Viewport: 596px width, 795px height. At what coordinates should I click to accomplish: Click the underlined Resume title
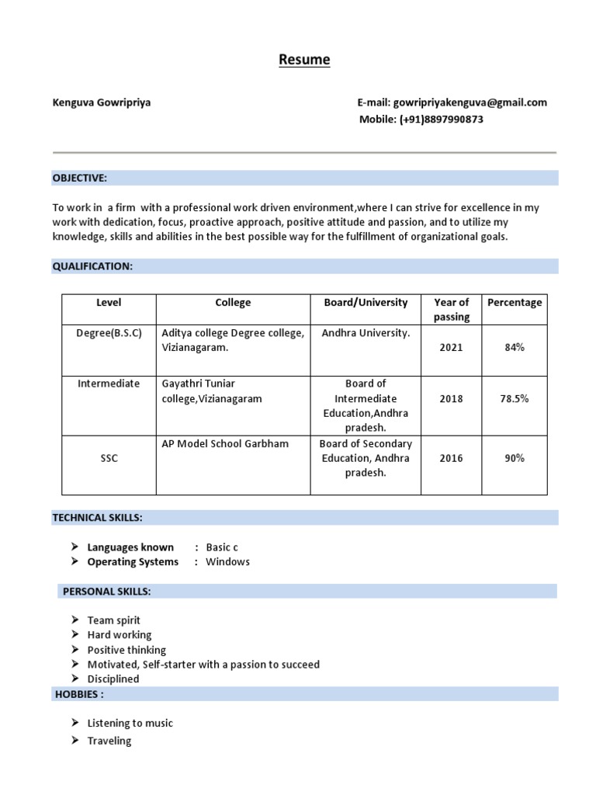tap(304, 60)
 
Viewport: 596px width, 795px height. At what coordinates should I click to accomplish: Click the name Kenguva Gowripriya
tap(102, 102)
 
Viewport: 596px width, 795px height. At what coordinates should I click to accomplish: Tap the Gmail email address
tap(470, 102)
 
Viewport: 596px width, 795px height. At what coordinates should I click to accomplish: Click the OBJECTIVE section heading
tap(79, 178)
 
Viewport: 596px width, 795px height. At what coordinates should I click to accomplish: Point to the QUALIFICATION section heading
tap(92, 266)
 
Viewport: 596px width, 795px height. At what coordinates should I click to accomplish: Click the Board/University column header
tap(366, 303)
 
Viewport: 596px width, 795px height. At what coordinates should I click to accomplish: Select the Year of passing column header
tap(451, 309)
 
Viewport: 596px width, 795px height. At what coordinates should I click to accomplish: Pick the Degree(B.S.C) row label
tap(109, 333)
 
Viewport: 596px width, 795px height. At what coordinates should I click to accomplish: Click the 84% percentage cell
tap(514, 347)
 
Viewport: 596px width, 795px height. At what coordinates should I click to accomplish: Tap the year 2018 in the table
tap(451, 398)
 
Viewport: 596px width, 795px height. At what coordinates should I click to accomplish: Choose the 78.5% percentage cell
tap(514, 398)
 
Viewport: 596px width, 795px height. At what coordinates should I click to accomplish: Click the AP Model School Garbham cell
tap(225, 444)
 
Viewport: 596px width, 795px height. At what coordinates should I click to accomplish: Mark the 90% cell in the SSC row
tap(514, 458)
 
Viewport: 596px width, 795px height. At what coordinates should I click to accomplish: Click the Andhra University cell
tap(366, 333)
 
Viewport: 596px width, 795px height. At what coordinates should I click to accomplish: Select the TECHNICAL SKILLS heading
tap(97, 517)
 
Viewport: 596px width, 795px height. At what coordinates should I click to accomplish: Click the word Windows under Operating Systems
tap(227, 561)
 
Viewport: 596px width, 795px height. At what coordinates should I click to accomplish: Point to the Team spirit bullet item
tap(114, 620)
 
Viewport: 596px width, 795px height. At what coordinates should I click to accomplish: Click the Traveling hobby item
tap(109, 741)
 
